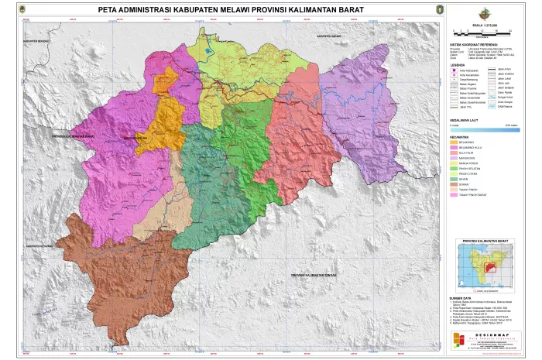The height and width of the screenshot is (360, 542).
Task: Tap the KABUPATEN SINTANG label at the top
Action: tap(329, 36)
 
